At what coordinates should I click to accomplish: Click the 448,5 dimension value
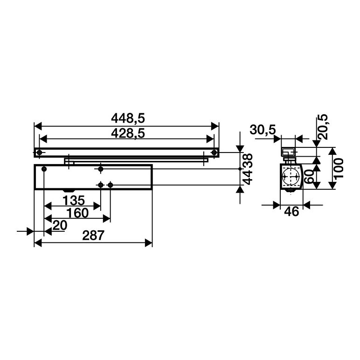(128, 118)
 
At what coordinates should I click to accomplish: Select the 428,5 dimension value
(128, 133)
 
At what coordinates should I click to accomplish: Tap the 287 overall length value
(93, 235)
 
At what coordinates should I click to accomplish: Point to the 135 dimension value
(74, 201)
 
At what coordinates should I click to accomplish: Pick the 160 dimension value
(77, 213)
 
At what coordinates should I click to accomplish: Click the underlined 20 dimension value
(60, 225)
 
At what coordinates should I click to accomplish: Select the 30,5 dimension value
(263, 130)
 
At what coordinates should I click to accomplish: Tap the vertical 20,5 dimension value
(322, 127)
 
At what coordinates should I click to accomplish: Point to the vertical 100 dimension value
(339, 168)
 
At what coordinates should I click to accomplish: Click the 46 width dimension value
(291, 211)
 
